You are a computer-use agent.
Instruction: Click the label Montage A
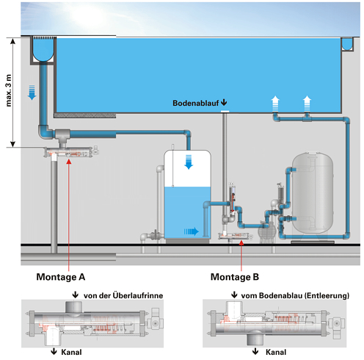pyautogui.click(x=61, y=277)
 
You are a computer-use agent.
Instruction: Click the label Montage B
pyautogui.click(x=235, y=277)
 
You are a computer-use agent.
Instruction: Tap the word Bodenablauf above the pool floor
pyautogui.click(x=196, y=103)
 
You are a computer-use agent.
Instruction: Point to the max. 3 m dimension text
pyautogui.click(x=9, y=90)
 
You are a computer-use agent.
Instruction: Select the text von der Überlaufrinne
pyautogui.click(x=123, y=295)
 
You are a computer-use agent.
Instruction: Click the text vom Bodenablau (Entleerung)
pyautogui.click(x=295, y=295)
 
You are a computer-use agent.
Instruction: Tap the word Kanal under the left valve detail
pyautogui.click(x=71, y=352)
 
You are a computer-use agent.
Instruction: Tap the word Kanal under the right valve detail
pyautogui.click(x=276, y=352)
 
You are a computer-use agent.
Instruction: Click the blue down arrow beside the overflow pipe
pyautogui.click(x=32, y=93)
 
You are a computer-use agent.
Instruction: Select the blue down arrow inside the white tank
pyautogui.click(x=189, y=162)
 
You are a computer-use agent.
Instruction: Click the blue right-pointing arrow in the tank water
pyautogui.click(x=192, y=231)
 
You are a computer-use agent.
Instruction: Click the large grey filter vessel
pyautogui.click(x=313, y=193)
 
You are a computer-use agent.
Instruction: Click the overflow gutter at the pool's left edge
pyautogui.click(x=43, y=50)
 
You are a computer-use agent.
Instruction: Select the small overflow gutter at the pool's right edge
pyautogui.click(x=347, y=44)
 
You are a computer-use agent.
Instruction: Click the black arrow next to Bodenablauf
pyautogui.click(x=224, y=102)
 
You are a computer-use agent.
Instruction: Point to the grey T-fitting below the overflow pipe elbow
pyautogui.click(x=63, y=137)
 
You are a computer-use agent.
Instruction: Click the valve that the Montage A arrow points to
pyautogui.click(x=71, y=152)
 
